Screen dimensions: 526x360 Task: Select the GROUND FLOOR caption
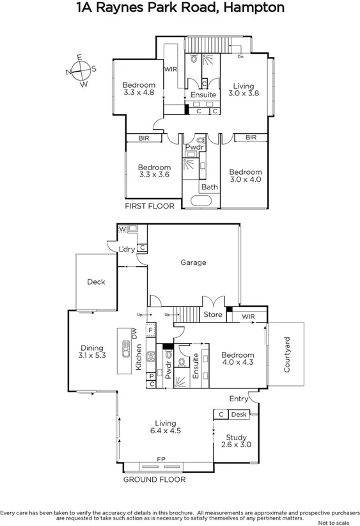pos(154,479)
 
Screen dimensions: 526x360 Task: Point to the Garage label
pos(192,262)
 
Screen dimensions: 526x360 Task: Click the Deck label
pos(96,282)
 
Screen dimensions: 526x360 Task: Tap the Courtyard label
pos(287,355)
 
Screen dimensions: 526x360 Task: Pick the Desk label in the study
pos(239,415)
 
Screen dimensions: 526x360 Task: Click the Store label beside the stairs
pos(212,314)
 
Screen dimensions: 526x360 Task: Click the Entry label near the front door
pos(238,399)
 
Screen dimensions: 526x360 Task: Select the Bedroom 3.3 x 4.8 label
pos(139,88)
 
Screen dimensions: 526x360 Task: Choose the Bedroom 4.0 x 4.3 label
pos(238,359)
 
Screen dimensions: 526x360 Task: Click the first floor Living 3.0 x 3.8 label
pos(243,89)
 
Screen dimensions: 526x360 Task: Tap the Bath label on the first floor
pos(209,187)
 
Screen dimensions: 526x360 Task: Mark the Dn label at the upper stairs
pos(240,56)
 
